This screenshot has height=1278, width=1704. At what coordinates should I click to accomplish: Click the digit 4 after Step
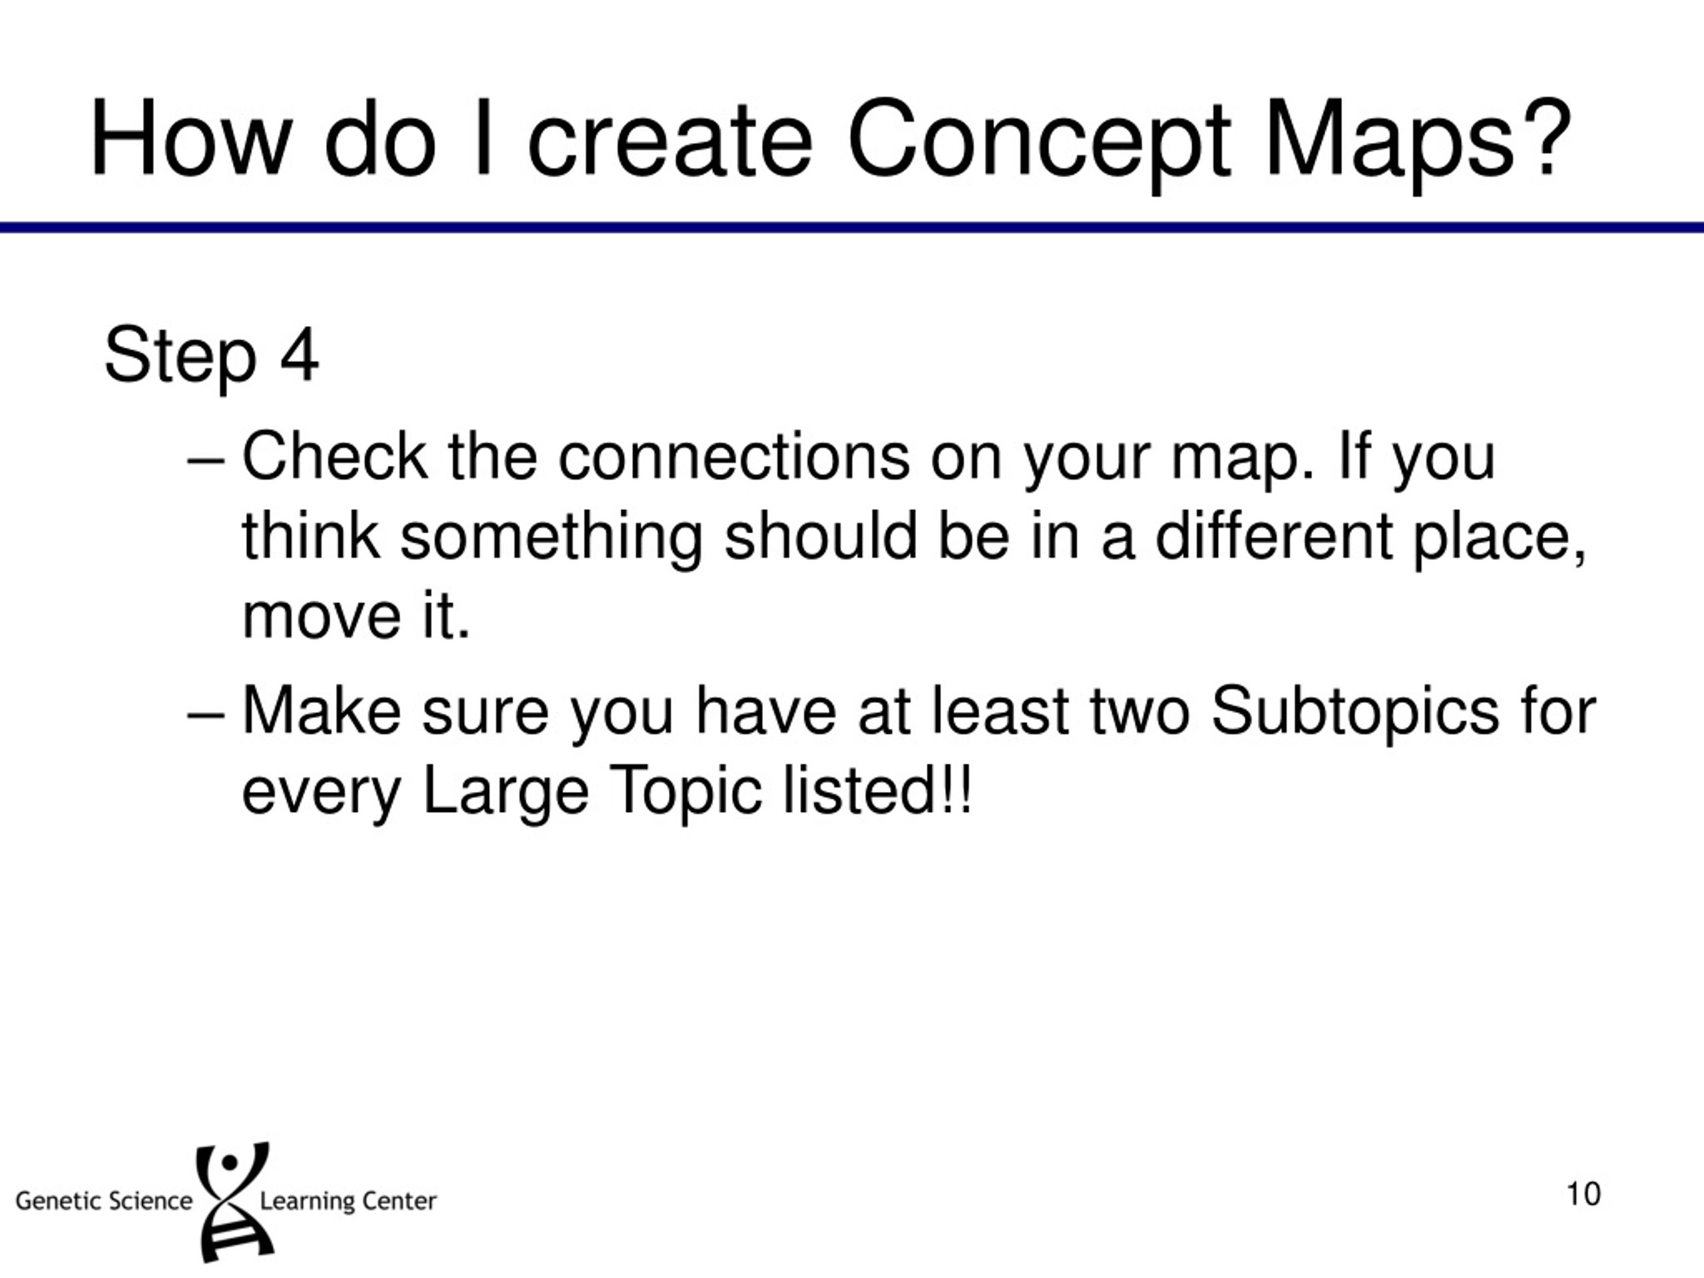click(x=299, y=356)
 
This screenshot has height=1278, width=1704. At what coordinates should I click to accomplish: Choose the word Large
click(x=505, y=792)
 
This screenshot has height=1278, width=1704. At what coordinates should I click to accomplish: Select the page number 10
click(x=1583, y=1194)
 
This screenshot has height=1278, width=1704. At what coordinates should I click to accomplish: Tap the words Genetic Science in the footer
click(x=104, y=1201)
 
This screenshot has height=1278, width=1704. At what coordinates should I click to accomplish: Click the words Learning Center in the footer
click(x=348, y=1201)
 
